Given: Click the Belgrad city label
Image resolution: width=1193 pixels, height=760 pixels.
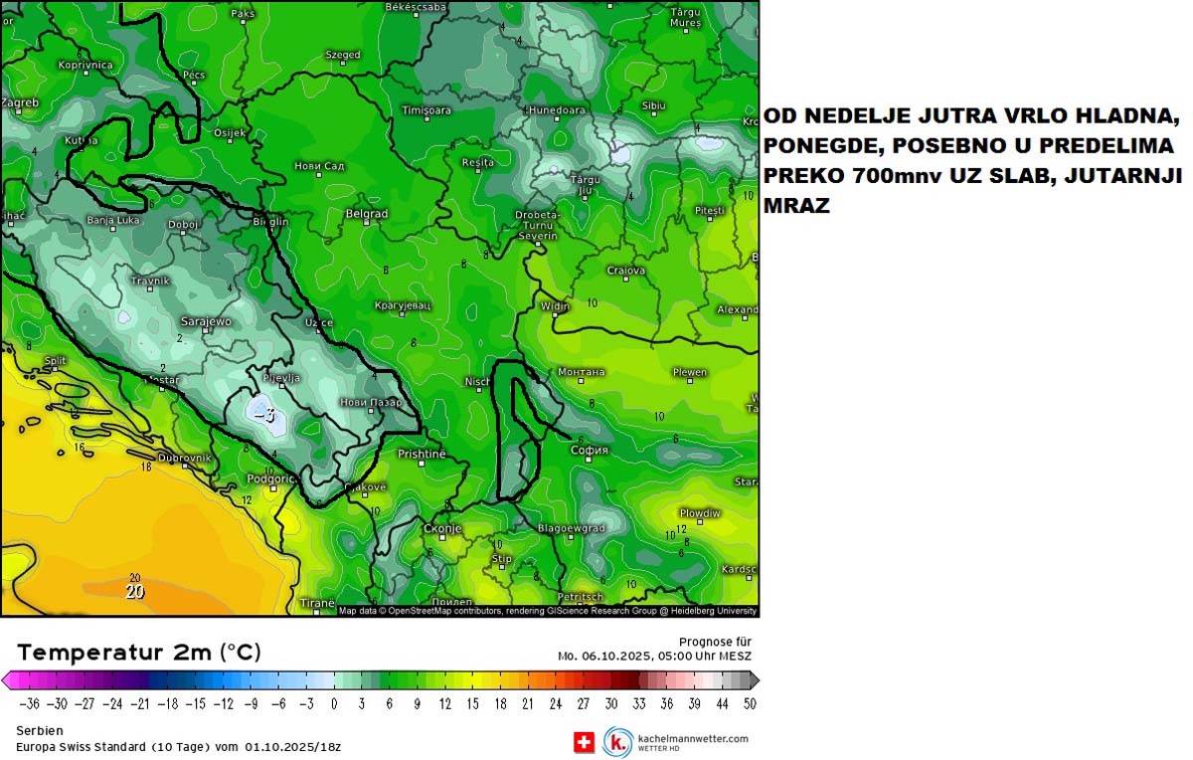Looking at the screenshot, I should (365, 214).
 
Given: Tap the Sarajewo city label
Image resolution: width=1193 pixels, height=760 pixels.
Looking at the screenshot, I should (205, 321).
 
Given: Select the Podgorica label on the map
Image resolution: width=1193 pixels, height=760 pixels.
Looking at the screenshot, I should (270, 478).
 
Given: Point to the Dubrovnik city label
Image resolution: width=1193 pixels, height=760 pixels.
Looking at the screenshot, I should (185, 458).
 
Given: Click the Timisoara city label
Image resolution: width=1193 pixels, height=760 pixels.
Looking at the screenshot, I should (426, 109).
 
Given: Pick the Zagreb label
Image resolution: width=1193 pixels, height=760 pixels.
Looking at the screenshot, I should (20, 102).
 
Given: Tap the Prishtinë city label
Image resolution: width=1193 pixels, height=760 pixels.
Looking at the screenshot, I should (421, 454).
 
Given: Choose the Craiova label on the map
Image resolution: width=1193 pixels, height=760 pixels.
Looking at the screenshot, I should (626, 270).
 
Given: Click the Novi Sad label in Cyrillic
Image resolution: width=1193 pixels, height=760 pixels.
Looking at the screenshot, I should (319, 165).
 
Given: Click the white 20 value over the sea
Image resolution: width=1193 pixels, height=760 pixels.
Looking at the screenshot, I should (135, 591).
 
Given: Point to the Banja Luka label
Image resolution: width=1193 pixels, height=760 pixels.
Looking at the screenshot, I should (110, 220).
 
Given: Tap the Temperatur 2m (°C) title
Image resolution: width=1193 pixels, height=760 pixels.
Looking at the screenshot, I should (139, 652).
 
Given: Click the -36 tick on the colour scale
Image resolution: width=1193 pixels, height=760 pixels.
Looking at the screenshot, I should (31, 703).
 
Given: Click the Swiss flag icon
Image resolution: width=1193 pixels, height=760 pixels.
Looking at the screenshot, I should (585, 742).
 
